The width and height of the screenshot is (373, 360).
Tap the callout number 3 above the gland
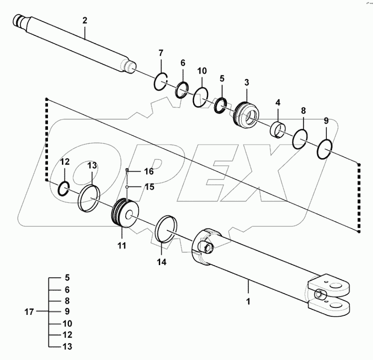pos(247,82)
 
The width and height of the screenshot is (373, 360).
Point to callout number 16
pos(148,172)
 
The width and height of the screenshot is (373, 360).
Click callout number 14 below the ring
pos(161,262)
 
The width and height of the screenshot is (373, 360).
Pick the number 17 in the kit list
pos(29,312)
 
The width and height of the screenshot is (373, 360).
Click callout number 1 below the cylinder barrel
pos(248,301)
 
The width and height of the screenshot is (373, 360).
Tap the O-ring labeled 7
pos(161,83)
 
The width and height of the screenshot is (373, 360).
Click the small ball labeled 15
pos(127,187)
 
